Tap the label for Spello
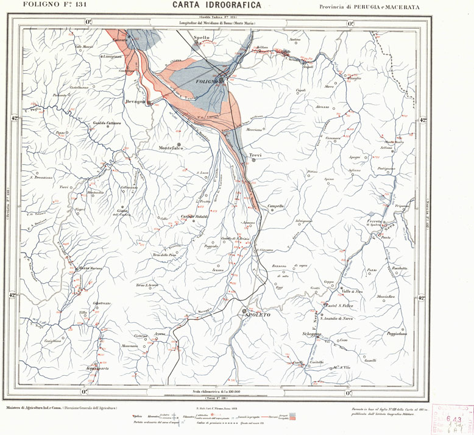coord(201,38)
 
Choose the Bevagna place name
coord(135,101)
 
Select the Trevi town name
coord(255,156)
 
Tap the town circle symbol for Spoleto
coord(244,309)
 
